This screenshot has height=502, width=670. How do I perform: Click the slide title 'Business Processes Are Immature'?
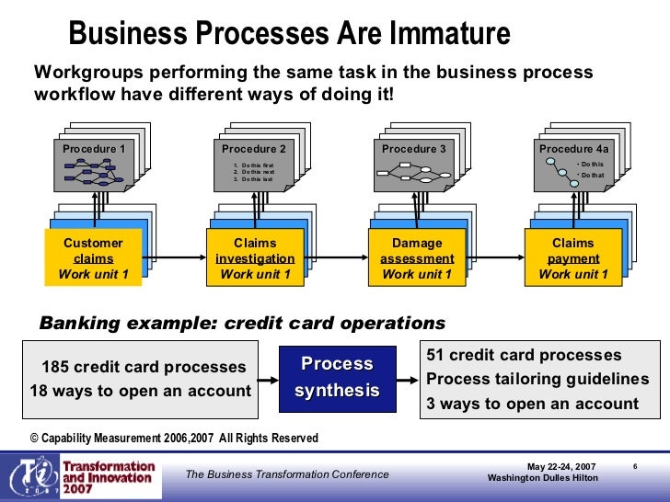coord(289,34)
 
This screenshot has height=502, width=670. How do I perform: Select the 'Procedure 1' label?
coord(93,149)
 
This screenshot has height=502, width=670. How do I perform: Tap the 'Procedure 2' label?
coord(253,149)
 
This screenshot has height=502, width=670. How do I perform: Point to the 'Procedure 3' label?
coord(413,149)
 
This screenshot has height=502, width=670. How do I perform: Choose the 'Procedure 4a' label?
coord(573,149)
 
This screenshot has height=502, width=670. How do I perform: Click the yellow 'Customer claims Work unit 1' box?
coord(93,258)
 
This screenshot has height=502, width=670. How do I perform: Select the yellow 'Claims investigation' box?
coord(255,258)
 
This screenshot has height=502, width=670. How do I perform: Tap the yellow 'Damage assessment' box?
coord(417,258)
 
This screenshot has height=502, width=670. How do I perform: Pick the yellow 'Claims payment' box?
coord(573,258)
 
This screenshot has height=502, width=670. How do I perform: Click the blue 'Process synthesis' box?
coord(337,378)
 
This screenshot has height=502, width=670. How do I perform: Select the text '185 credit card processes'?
coord(144,368)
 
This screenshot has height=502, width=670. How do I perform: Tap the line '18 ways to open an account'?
coord(141,391)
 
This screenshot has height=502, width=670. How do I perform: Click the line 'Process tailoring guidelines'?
coord(537,380)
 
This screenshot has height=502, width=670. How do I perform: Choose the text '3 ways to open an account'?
coord(532,404)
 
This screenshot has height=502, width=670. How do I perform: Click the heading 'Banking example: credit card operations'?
coord(241,324)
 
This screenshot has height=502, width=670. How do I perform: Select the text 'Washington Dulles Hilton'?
coord(542,478)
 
